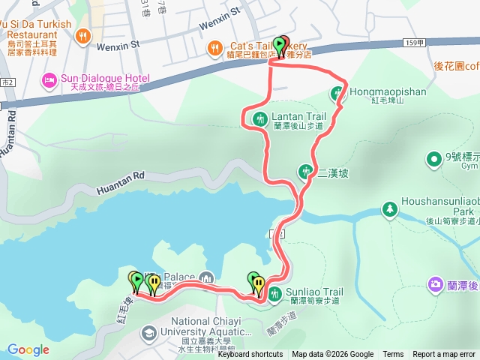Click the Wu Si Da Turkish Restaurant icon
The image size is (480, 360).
pyautogui.click(x=83, y=34)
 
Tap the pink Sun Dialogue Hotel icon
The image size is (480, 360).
pyautogui.click(x=49, y=79)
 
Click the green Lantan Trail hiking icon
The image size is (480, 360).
pyautogui.click(x=260, y=117)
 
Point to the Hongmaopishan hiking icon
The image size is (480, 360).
pyautogui.click(x=339, y=94)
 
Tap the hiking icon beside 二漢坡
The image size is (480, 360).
pyautogui.click(x=305, y=171)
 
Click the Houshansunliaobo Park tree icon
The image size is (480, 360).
pyautogui.click(x=388, y=208)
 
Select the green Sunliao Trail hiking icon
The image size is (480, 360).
pyautogui.click(x=275, y=293)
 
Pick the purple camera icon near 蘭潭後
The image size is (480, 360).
pyautogui.click(x=435, y=283)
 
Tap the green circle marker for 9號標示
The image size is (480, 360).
pyautogui.click(x=433, y=158)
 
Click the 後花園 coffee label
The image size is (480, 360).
pyautogui.click(x=456, y=66)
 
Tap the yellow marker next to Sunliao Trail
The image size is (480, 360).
pyautogui.click(x=259, y=284)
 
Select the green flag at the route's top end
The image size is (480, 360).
pyautogui.click(x=280, y=46)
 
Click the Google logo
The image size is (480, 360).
pyautogui.click(x=28, y=349)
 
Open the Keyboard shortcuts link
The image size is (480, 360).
pyautogui.click(x=250, y=355)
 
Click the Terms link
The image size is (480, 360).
pyautogui.click(x=393, y=355)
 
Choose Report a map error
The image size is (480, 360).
pyautogui.click(x=444, y=355)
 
